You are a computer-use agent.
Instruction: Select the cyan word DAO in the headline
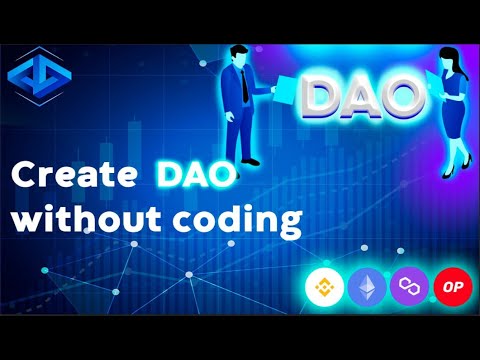[x=196, y=176]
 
